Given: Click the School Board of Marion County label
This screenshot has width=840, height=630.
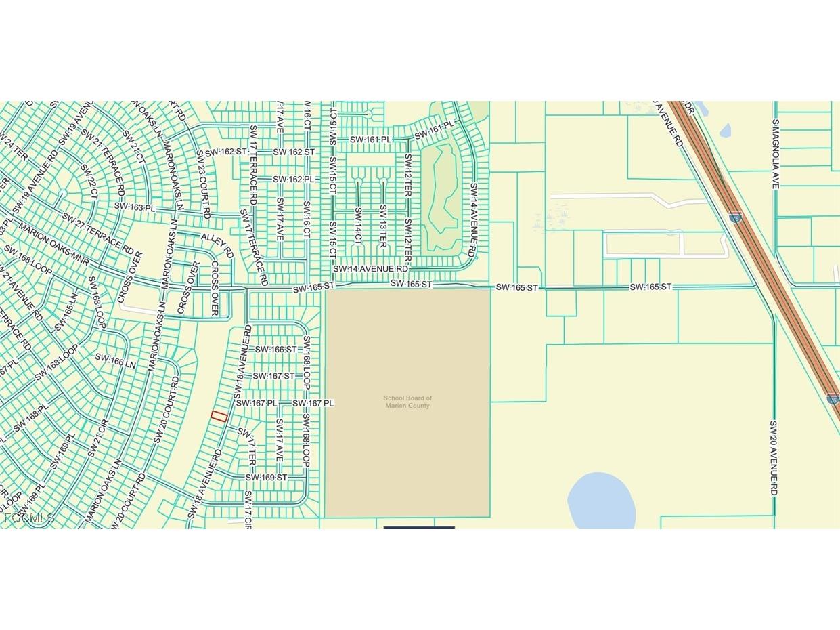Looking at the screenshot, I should (407, 402).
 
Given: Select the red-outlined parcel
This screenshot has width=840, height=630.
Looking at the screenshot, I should (219, 416).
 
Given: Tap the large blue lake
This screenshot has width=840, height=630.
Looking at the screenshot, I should (601, 502).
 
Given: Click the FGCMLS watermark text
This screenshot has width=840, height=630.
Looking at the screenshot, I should (28, 518).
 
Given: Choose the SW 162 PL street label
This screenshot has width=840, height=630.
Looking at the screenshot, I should (294, 179).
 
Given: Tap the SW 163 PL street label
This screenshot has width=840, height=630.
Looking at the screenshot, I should (135, 206).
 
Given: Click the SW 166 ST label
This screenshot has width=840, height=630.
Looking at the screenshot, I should (275, 350).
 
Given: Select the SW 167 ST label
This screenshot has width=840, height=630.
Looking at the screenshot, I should (273, 376).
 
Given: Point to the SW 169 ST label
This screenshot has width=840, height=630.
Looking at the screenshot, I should (266, 478).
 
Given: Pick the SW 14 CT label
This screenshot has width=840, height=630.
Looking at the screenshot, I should (358, 226).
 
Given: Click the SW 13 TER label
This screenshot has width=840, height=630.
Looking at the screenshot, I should (382, 226).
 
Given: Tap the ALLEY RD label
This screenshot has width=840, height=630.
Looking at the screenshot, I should (217, 243).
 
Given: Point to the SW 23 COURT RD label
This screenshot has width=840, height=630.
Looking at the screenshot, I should (203, 184).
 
